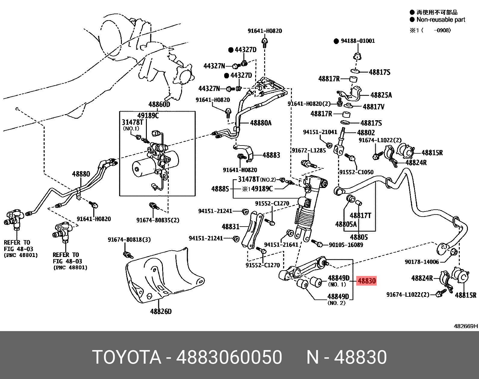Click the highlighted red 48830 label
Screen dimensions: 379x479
366,281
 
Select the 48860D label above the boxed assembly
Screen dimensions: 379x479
159,105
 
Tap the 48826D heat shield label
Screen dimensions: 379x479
161,311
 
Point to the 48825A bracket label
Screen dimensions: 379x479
381,95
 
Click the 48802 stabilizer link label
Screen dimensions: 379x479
366,133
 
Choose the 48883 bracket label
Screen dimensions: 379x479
271,155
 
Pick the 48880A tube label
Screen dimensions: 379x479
261,123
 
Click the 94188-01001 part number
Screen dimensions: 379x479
358,41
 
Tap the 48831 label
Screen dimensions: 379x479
230,227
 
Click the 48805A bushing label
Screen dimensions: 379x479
346,224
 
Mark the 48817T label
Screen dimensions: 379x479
360,215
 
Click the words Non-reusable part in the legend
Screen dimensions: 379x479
440,20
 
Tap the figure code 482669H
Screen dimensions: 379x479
466,326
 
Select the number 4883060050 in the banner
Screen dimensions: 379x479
229,358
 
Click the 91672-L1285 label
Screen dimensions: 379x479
309,150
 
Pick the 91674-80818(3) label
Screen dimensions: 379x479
129,240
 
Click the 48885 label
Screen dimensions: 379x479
220,189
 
